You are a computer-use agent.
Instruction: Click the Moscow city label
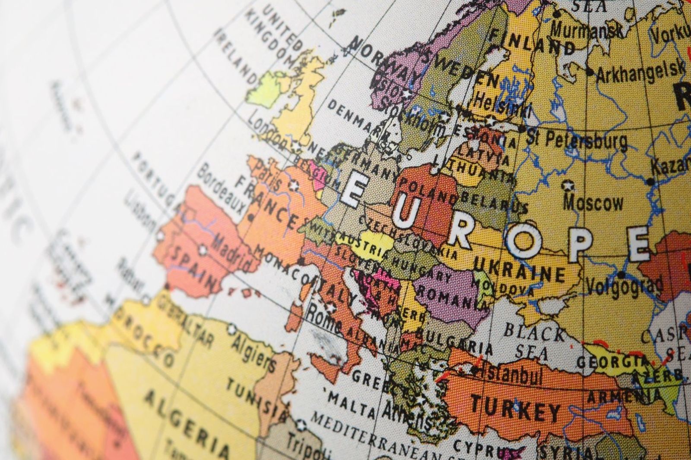[x=594, y=203]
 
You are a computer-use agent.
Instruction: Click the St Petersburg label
[x=576, y=139]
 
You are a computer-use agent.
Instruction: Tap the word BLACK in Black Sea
[x=534, y=332]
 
